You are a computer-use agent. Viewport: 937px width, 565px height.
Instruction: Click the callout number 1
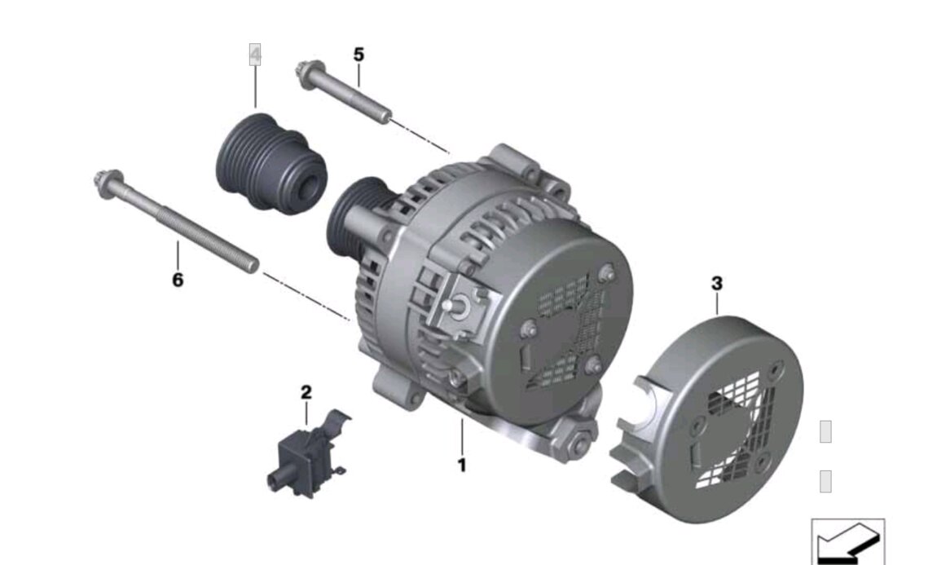click(x=461, y=466)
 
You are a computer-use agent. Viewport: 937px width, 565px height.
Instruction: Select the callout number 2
click(x=306, y=393)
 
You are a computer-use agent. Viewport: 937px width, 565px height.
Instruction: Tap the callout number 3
click(x=717, y=284)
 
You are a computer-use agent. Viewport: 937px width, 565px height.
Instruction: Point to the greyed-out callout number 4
click(x=255, y=55)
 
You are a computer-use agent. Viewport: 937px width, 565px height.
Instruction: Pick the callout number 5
click(x=359, y=55)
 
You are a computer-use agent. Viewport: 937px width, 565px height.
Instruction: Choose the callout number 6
click(x=178, y=280)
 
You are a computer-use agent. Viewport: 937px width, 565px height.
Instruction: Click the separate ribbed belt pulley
click(x=271, y=161)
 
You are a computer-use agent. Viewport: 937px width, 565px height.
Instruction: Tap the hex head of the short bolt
click(x=306, y=73)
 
